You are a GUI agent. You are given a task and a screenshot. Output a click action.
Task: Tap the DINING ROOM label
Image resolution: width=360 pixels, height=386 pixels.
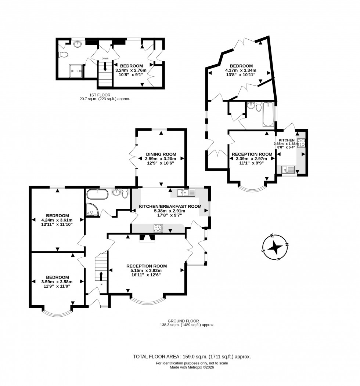[161, 154]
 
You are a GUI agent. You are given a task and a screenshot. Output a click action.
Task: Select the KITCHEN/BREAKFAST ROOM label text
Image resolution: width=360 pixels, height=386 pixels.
[170, 207]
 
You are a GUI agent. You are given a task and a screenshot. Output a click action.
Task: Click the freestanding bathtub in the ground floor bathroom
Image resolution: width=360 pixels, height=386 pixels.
[97, 194]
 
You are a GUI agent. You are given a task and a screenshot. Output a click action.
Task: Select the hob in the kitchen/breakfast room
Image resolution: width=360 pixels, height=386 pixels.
[158, 229]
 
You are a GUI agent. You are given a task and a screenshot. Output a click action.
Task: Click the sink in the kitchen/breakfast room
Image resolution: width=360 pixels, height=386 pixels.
[183, 192]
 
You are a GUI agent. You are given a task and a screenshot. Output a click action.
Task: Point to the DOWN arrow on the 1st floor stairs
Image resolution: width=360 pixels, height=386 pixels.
[105, 66]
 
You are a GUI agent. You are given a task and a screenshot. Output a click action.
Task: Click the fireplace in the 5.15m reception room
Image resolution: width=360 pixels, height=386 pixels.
[147, 238]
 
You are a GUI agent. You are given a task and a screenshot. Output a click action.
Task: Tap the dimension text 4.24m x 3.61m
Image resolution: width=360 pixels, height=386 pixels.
[57, 220]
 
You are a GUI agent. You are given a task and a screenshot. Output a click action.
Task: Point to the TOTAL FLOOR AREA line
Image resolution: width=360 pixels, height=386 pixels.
[191, 356]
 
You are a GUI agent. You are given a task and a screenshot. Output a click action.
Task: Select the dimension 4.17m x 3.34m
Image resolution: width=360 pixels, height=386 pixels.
[241, 70]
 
